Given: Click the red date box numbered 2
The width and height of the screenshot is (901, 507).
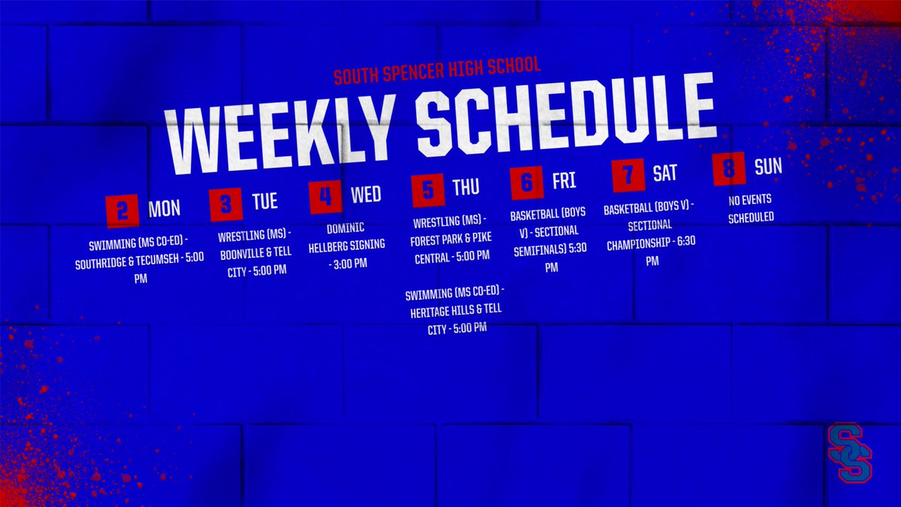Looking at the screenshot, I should [123, 211].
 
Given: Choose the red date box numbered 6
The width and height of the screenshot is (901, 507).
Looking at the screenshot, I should [526, 183].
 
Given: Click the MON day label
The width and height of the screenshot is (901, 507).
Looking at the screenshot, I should [164, 208].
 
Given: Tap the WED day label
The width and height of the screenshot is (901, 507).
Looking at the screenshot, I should [366, 195].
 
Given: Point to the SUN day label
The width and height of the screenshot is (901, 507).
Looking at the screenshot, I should [768, 166].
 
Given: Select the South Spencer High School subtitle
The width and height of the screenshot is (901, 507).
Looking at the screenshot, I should [437, 71].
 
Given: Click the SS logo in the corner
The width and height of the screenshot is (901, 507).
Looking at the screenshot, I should [849, 452].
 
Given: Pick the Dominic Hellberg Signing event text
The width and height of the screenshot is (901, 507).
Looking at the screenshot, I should [346, 244].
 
